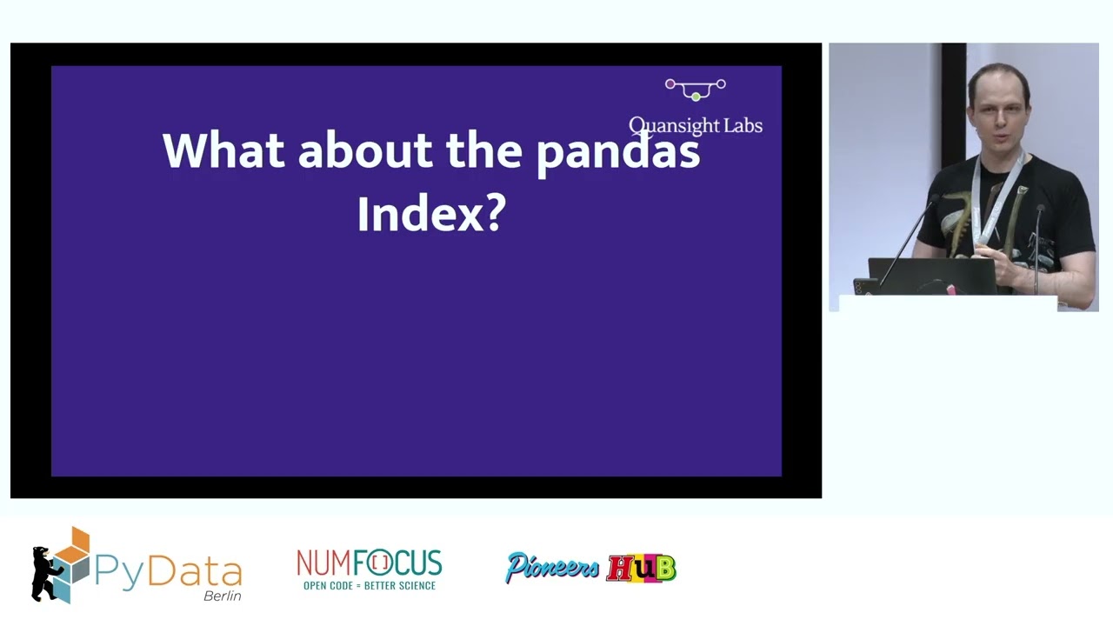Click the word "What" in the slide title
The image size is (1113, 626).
pyautogui.click(x=223, y=150)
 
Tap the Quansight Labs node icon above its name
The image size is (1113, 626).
pyautogui.click(x=695, y=90)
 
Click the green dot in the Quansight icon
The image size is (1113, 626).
pyautogui.click(x=696, y=97)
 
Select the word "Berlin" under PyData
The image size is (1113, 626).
pyautogui.click(x=222, y=596)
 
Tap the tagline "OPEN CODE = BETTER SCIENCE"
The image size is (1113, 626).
pyautogui.click(x=369, y=586)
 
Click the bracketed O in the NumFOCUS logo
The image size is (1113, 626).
pyautogui.click(x=380, y=563)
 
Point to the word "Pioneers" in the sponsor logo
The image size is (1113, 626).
pyautogui.click(x=552, y=568)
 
